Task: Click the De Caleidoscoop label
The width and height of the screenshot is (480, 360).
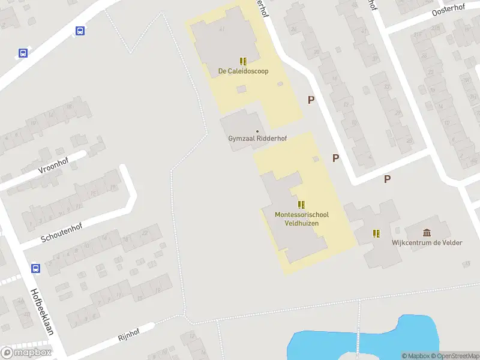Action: (x=243, y=71)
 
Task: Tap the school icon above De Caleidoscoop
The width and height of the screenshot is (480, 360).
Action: (x=243, y=61)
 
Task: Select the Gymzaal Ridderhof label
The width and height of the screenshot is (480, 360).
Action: (x=257, y=139)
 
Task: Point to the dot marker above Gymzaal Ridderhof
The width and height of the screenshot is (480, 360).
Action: (x=257, y=131)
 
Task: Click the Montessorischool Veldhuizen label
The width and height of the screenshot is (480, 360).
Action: (x=301, y=218)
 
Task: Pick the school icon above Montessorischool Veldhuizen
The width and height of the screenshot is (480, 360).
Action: (x=301, y=205)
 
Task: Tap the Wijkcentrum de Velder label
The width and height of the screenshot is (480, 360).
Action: (x=427, y=242)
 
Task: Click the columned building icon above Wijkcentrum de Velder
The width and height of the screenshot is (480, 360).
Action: (x=427, y=233)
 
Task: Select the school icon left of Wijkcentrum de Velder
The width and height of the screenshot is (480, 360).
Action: (x=376, y=233)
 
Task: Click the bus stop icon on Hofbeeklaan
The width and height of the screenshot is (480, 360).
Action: (x=35, y=268)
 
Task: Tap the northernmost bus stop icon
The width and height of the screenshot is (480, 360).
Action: (x=80, y=31)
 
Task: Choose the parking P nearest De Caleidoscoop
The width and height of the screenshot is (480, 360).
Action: (x=311, y=100)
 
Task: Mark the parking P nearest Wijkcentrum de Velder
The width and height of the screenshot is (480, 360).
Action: (x=388, y=178)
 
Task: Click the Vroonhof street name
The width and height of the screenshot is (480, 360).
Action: (x=53, y=164)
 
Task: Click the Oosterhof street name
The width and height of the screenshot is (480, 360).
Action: (x=449, y=11)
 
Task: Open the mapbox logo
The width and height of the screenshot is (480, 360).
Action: (x=26, y=352)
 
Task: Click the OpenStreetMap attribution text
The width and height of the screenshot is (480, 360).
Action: (x=455, y=356)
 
